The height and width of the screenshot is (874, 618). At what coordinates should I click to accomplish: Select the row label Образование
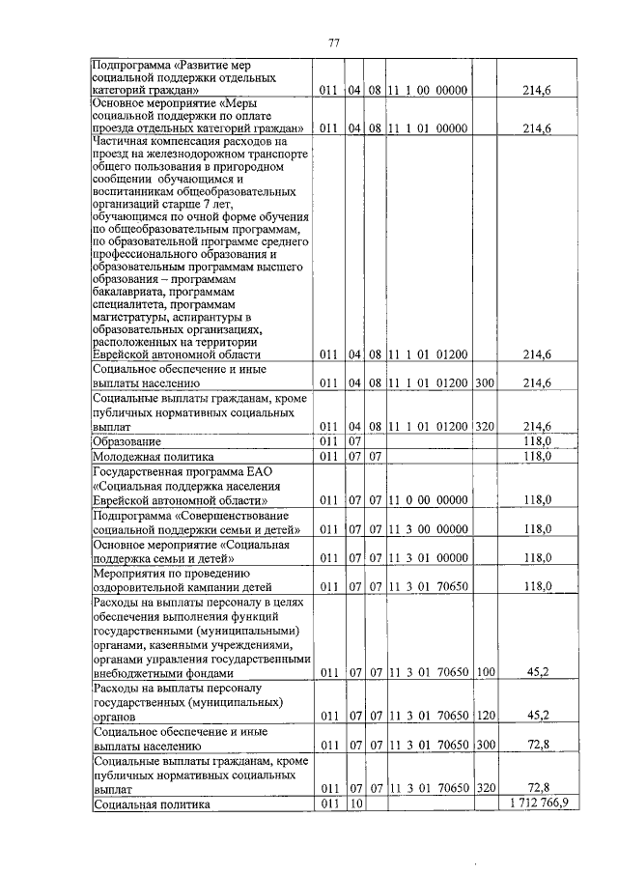coord(121,441)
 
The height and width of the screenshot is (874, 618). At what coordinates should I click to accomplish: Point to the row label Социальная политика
coord(152,804)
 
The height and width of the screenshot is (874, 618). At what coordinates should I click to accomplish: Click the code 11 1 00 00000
coord(428,91)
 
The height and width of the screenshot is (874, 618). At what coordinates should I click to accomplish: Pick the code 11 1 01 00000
coord(428,128)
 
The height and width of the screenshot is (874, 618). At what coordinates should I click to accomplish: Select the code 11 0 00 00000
coord(428,500)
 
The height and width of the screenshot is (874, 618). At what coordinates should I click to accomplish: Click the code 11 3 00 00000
coord(428,529)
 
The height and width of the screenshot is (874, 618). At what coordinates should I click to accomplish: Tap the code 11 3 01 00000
coord(428,558)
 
